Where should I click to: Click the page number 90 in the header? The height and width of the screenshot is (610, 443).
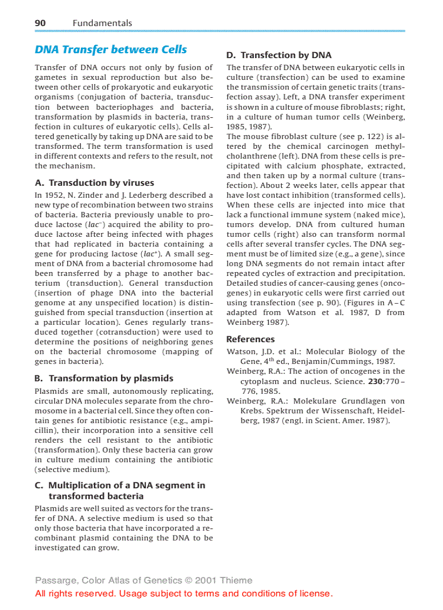coord(40,23)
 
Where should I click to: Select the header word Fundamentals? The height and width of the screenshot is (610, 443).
coord(102,23)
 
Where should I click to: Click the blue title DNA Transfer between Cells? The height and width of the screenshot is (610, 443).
coord(111,49)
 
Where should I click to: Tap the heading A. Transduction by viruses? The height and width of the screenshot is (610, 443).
coord(94,183)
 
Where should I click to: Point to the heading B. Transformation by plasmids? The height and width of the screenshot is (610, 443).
coord(104,378)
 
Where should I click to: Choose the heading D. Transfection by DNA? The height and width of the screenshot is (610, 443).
coord(279,55)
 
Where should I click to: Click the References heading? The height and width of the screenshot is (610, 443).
coord(250,339)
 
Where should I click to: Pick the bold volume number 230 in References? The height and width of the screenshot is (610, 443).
coord(375,381)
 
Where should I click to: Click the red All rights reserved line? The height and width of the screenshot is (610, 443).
coord(183,593)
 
